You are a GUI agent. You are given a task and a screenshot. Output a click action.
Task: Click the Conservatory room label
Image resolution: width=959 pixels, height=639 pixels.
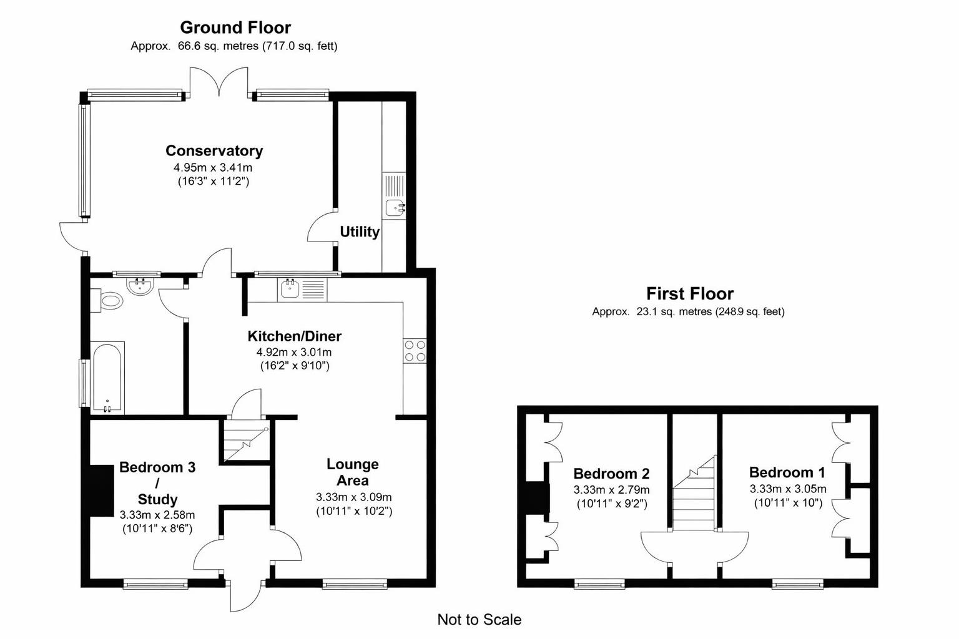tap(214, 151)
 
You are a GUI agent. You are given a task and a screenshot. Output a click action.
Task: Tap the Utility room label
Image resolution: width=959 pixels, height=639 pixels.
tap(359, 232)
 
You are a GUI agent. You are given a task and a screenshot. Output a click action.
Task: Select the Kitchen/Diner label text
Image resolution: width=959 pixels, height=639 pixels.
tap(294, 336)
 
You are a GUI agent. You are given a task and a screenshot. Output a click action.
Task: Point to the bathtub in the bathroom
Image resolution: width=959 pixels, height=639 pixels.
tap(108, 377)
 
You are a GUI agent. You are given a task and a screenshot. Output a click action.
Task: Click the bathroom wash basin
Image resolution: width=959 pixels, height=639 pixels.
tap(140, 286)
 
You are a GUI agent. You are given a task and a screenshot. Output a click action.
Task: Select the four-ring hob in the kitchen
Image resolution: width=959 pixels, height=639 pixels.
tap(415, 351)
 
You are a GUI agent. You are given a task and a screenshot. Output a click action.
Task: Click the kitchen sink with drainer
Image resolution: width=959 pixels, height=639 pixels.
tap(302, 289)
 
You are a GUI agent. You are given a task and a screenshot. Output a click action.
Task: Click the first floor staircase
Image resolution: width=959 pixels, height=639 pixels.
tap(694, 496)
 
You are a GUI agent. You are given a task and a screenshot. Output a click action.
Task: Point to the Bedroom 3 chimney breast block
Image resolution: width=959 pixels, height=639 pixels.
tap(101, 490)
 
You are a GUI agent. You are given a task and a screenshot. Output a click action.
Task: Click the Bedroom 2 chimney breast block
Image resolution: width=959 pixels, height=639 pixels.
tap(536, 498)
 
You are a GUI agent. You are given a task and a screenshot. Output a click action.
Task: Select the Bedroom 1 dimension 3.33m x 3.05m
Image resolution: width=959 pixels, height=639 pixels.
tap(787, 489)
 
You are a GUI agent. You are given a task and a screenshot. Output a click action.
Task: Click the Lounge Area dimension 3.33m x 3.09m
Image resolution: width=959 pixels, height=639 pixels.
tap(353, 497)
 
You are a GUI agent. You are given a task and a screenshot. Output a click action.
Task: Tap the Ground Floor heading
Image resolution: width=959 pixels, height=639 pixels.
tap(235, 27)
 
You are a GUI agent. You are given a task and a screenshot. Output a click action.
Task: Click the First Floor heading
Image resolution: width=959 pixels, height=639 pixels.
tap(689, 293)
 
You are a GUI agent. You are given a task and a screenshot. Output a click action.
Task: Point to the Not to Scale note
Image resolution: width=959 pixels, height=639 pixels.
tap(479, 620)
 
